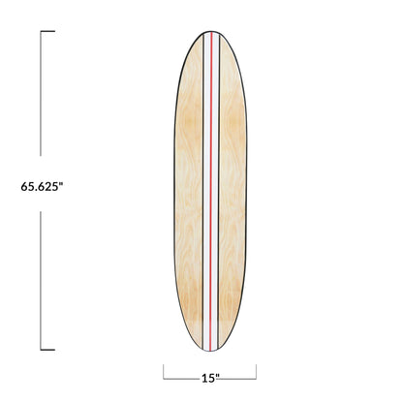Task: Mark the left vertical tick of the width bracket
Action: tap(164, 371)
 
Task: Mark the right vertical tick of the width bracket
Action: tap(256, 371)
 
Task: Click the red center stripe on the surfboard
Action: tap(210, 194)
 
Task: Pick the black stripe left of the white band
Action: tap(200, 194)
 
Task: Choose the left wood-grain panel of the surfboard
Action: tap(184, 194)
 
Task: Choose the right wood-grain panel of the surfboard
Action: tap(234, 194)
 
